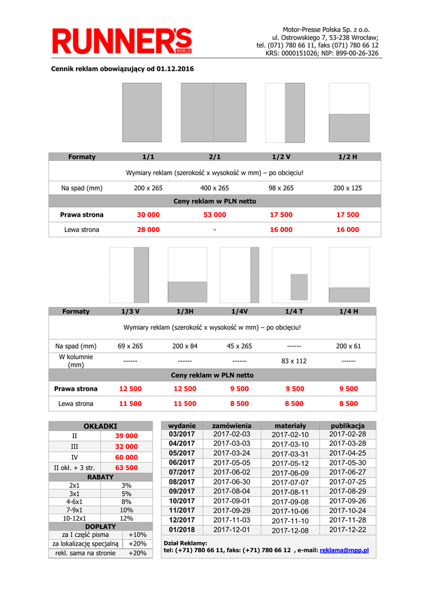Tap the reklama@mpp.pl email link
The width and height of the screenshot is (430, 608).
(344, 550)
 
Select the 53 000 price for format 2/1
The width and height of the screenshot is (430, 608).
(215, 214)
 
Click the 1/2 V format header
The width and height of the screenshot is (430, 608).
(281, 157)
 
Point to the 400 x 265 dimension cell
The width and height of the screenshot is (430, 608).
(215, 188)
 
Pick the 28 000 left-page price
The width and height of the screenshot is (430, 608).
(148, 229)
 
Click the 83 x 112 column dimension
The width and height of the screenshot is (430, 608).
(294, 361)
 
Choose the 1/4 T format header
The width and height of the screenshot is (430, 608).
(294, 311)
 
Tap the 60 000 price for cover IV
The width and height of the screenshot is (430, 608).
(126, 457)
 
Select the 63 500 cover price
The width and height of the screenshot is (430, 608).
(126, 468)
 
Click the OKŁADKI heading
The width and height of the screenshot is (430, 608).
(101, 426)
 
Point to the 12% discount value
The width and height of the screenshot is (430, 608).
(126, 518)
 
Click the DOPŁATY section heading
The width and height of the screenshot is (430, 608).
(101, 527)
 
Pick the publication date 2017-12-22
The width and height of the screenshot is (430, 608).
(348, 530)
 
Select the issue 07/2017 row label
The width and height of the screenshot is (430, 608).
(181, 472)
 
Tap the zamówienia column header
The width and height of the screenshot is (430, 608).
(232, 426)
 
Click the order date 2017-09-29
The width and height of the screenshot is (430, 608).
(232, 511)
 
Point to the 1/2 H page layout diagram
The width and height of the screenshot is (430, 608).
(349, 112)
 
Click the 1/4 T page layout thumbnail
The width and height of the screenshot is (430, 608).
(291, 275)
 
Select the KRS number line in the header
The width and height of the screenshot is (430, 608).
(322, 53)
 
